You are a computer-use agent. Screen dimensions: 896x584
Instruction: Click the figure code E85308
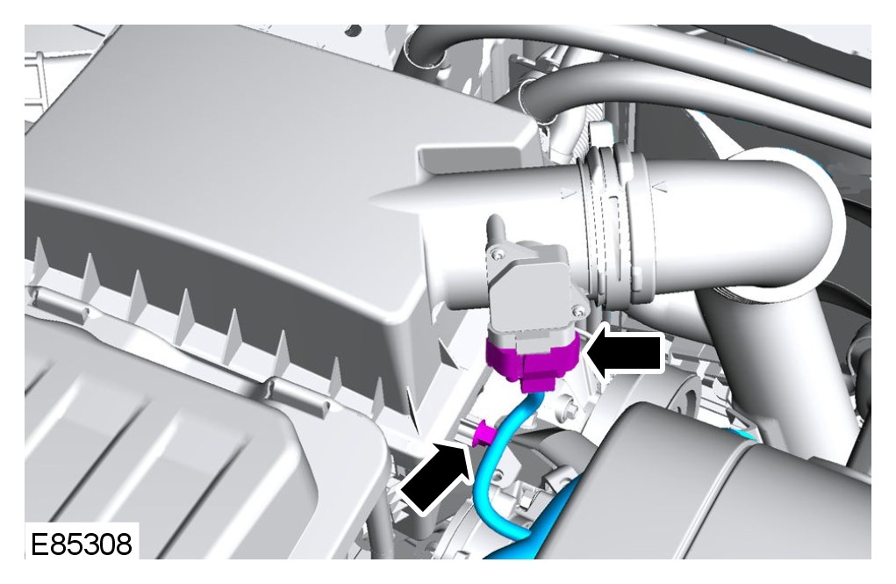click(x=81, y=544)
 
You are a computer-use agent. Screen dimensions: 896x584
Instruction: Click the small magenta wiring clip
click(x=483, y=433)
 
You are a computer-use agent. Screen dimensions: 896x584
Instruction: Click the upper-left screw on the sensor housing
click(x=499, y=253)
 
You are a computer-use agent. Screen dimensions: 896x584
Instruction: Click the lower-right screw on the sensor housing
click(x=580, y=312)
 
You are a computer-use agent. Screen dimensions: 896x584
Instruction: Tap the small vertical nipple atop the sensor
click(x=495, y=230)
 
